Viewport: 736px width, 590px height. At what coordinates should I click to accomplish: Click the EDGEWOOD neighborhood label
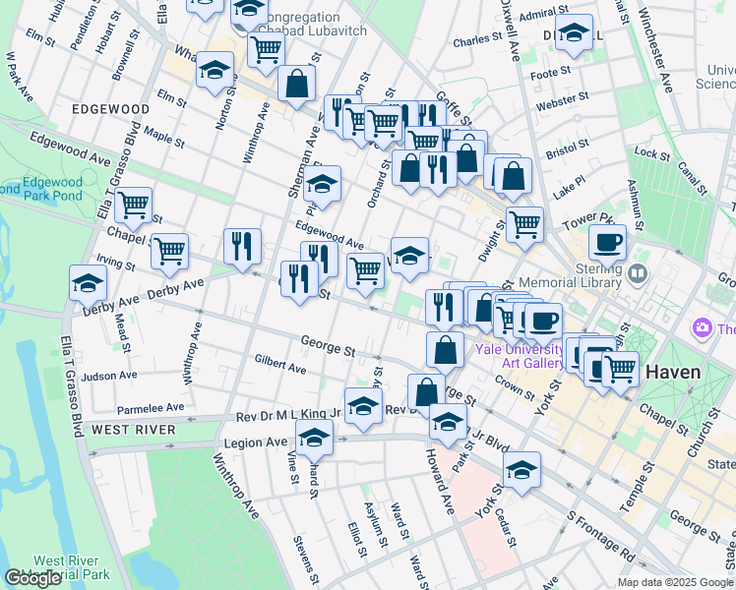click(109, 108)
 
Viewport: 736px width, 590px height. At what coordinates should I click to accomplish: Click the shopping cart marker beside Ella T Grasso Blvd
click(133, 206)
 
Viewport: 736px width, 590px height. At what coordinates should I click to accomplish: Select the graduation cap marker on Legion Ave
click(314, 438)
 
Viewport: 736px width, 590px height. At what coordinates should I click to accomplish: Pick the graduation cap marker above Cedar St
click(521, 468)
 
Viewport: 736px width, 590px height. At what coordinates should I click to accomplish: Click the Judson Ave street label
click(109, 376)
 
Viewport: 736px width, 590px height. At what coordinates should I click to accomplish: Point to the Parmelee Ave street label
click(151, 407)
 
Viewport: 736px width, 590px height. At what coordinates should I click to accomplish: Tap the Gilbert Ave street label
click(279, 365)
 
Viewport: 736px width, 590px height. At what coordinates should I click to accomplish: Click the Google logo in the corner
click(31, 578)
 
